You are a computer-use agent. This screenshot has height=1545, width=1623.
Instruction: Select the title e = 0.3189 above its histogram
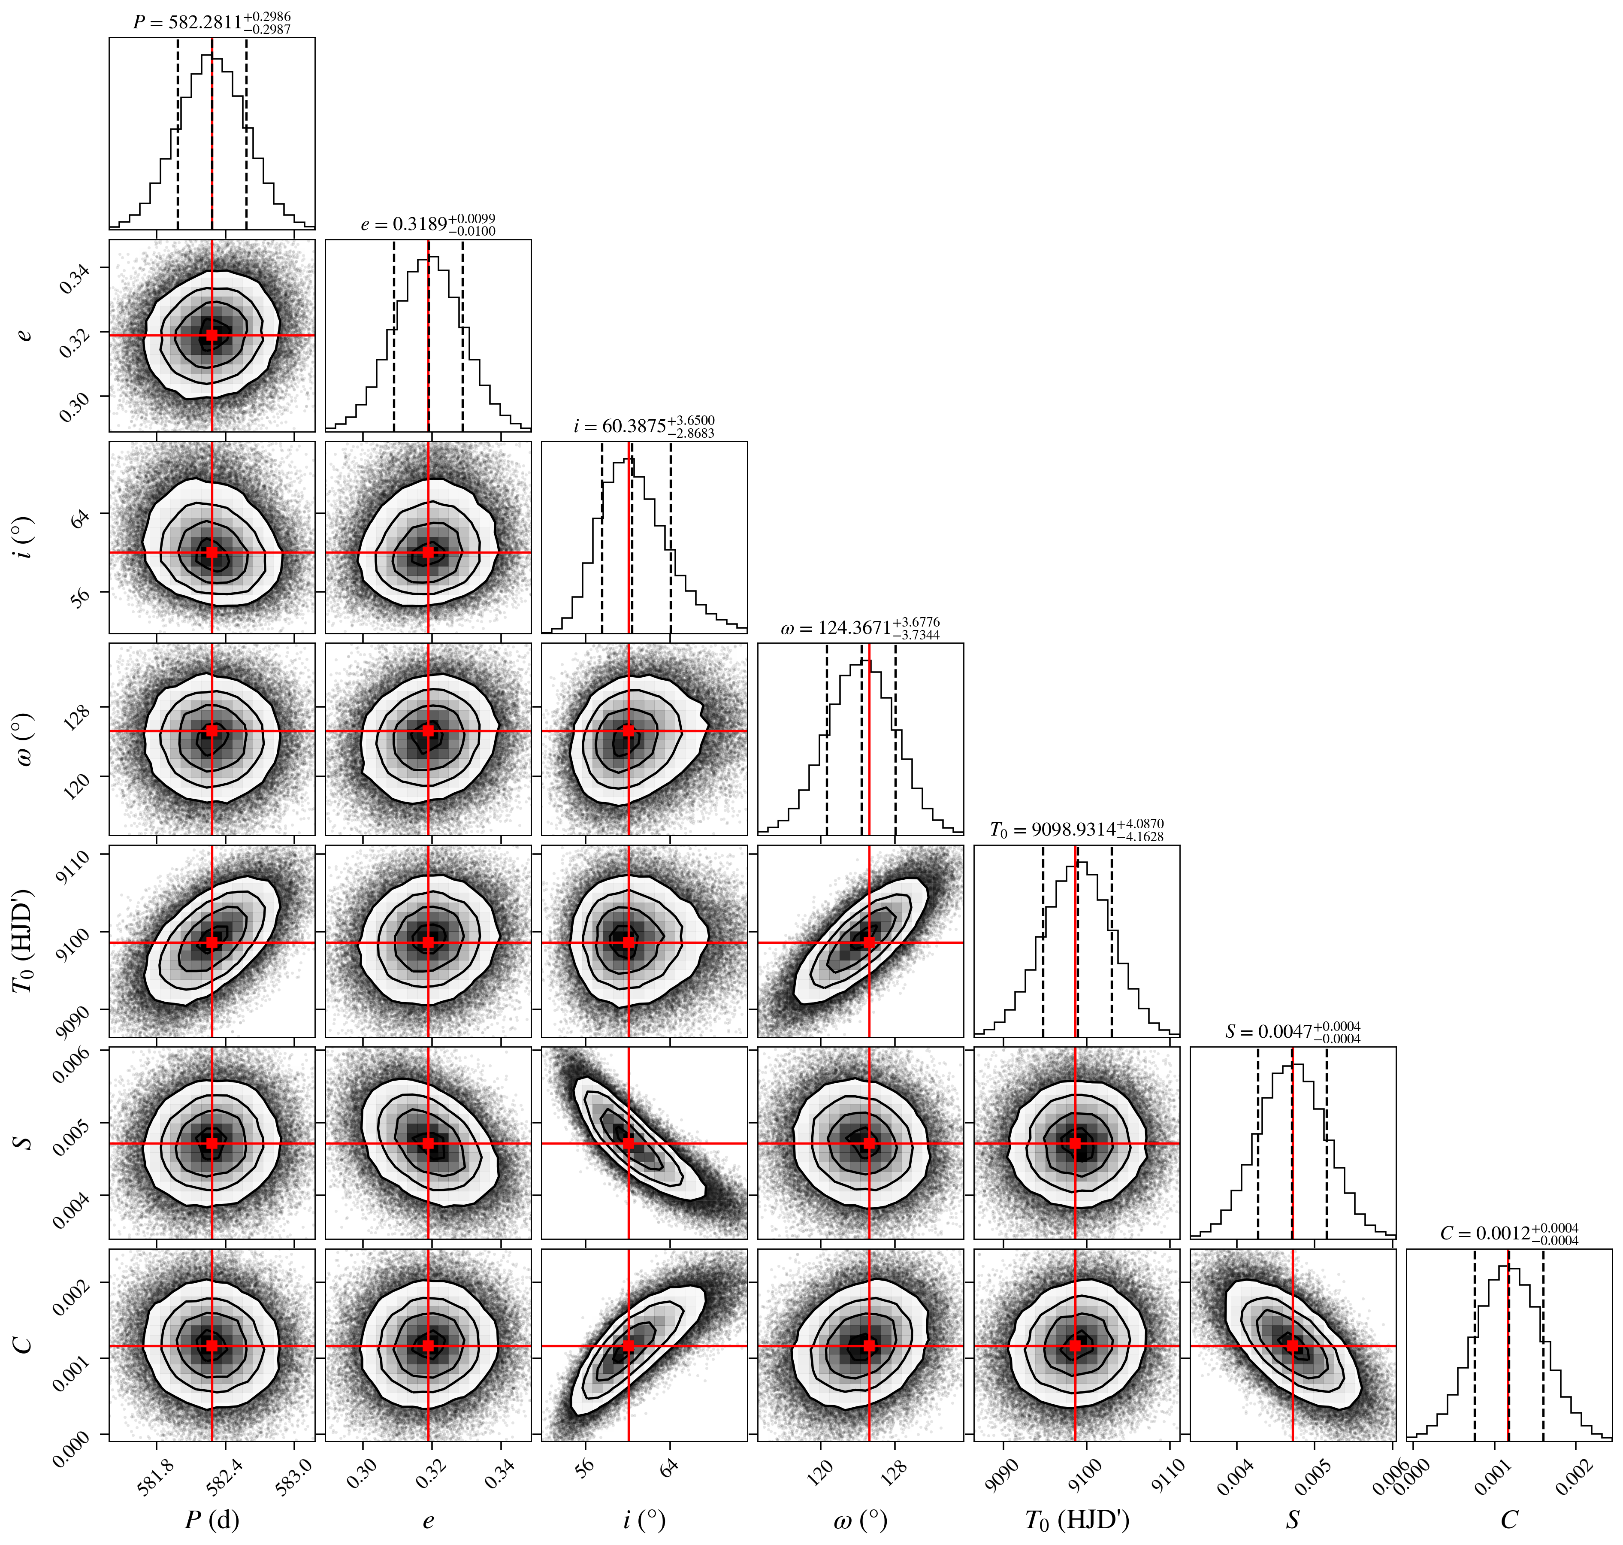click(428, 224)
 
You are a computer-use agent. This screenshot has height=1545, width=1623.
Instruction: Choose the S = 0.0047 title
click(1293, 1031)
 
